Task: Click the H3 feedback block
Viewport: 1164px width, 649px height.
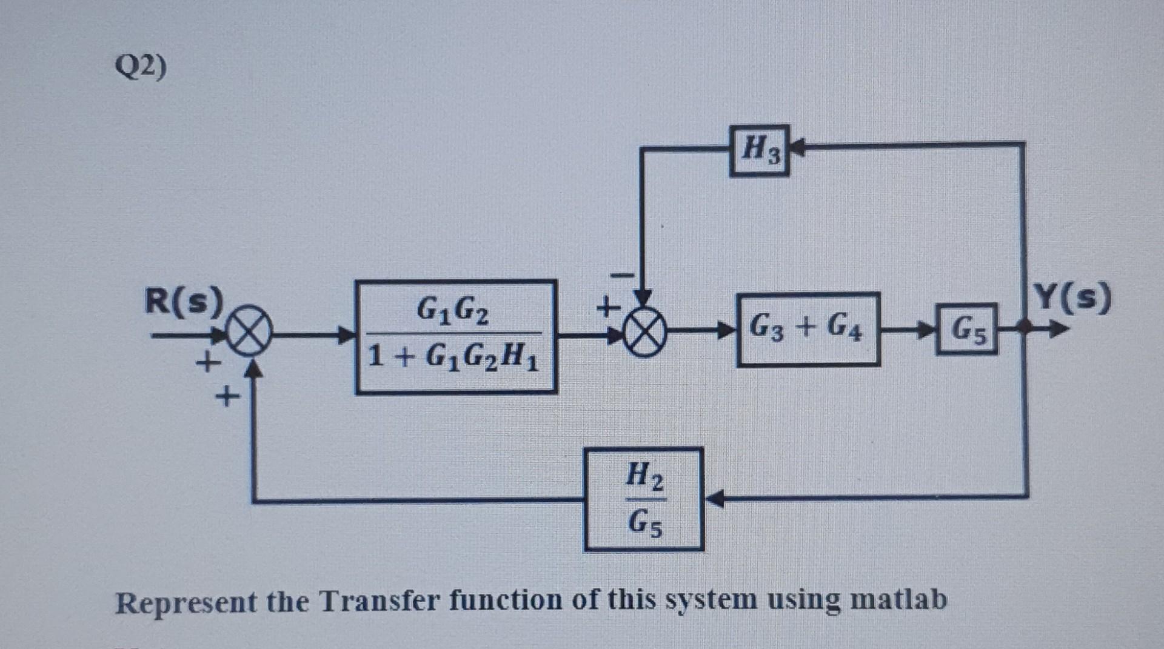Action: pyautogui.click(x=759, y=150)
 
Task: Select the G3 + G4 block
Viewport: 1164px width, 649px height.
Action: pyautogui.click(x=808, y=329)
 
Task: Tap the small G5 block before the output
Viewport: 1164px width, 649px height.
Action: pyautogui.click(x=966, y=329)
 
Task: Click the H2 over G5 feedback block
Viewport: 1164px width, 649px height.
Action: pyautogui.click(x=643, y=499)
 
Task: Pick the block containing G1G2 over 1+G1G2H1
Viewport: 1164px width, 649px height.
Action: pyautogui.click(x=456, y=337)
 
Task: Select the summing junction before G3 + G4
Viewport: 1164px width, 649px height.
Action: pyautogui.click(x=644, y=334)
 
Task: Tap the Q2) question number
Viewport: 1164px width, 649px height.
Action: pyautogui.click(x=141, y=67)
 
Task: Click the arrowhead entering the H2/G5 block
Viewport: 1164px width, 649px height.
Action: pyautogui.click(x=714, y=499)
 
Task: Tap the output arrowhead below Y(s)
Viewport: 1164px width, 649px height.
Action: pyautogui.click(x=1059, y=330)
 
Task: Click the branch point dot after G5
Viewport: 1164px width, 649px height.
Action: pyautogui.click(x=1025, y=328)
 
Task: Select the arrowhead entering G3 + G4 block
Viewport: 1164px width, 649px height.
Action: pyautogui.click(x=726, y=330)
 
